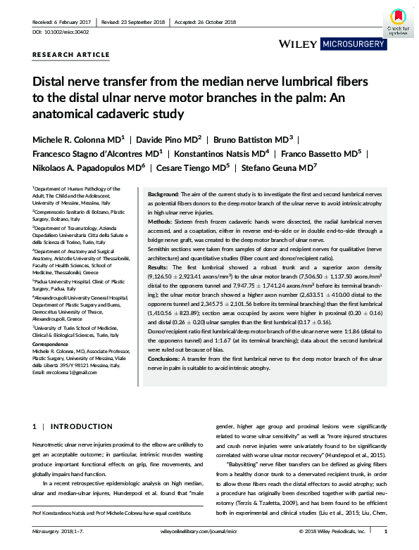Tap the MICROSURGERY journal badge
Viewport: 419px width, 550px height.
pyautogui.click(x=353, y=44)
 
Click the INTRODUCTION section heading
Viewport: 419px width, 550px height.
pyautogui.click(x=73, y=427)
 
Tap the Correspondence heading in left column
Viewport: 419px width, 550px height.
pyautogui.click(x=51, y=345)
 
